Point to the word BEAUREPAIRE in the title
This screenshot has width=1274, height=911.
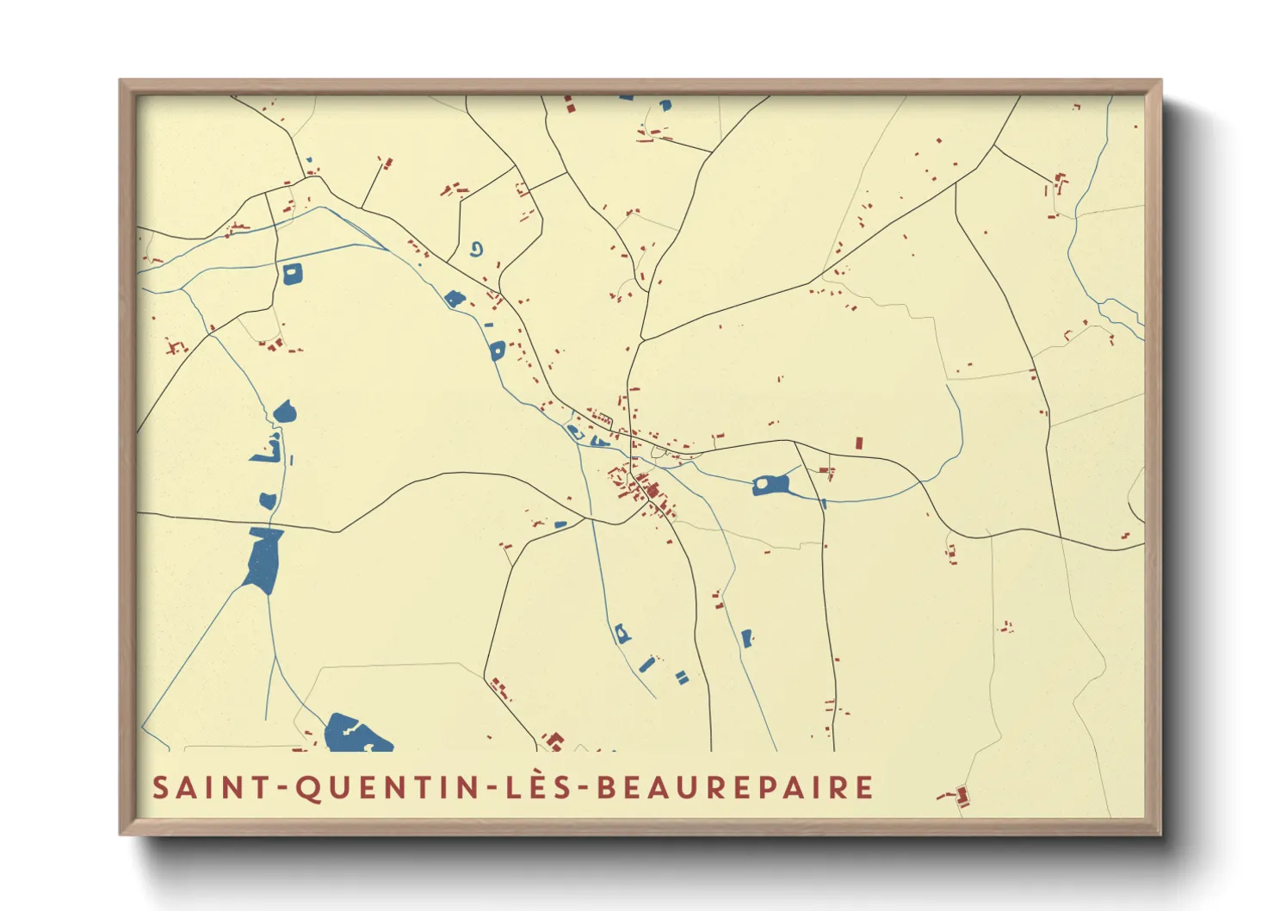[736, 788]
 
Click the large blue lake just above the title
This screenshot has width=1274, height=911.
[355, 734]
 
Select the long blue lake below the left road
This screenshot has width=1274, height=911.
[263, 560]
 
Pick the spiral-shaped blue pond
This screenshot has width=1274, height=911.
[476, 250]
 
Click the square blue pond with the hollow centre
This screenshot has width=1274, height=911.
[293, 275]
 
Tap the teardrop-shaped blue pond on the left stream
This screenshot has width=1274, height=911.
[285, 412]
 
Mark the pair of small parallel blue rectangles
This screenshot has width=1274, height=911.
[683, 677]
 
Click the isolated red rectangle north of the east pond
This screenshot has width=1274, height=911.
[858, 443]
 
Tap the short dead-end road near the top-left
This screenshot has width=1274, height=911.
[373, 183]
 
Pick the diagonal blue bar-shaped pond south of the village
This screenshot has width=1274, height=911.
[647, 664]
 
